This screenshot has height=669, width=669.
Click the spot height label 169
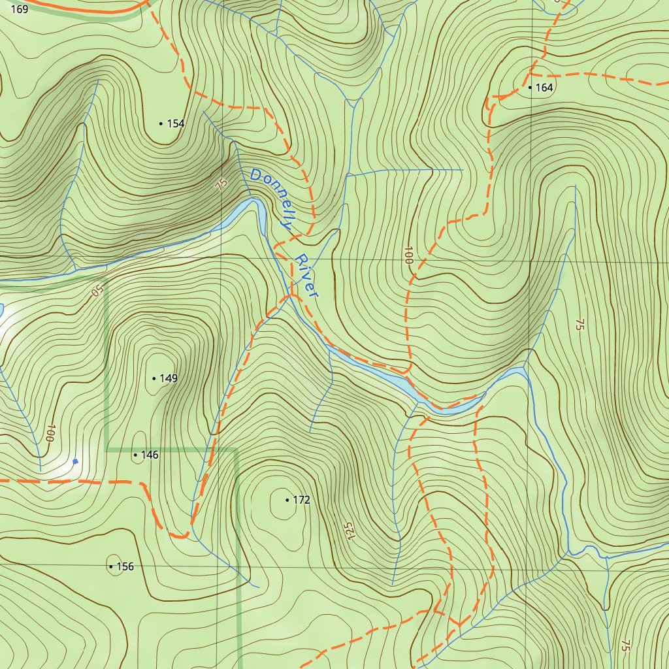pos(20,9)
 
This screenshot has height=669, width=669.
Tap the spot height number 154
pos(176,123)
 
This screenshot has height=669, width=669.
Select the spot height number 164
pos(544,87)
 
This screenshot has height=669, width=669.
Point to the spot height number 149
pos(169,378)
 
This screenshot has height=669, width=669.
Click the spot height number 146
pos(150,455)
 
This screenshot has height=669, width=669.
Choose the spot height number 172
pos(301,500)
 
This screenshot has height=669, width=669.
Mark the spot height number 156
pos(125,566)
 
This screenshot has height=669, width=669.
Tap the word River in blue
pos(306,276)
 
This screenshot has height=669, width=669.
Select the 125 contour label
pos(350,531)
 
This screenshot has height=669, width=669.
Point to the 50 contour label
pos(97,289)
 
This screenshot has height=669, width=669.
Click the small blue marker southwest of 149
pos(75,461)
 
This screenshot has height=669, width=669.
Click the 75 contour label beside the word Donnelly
pos(221,184)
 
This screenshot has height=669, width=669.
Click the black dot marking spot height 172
pos(287,500)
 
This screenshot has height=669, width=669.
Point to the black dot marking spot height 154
pos(161,123)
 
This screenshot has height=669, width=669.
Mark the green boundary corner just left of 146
pos(106,450)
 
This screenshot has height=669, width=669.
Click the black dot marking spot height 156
pos(111,566)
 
